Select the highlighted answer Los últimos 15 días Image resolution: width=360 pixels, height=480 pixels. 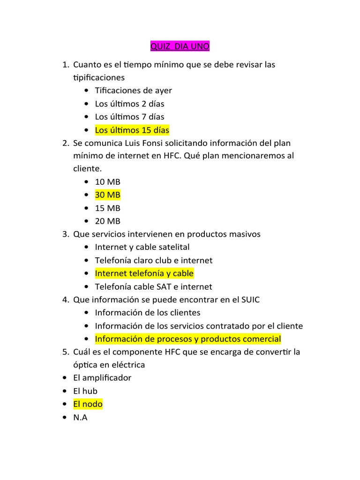[x=132, y=130]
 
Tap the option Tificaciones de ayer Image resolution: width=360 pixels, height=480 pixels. [x=133, y=90]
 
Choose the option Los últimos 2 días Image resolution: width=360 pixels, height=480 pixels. [x=129, y=104]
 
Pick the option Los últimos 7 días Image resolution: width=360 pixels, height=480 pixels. [x=129, y=117]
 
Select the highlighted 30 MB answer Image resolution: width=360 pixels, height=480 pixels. [x=107, y=195]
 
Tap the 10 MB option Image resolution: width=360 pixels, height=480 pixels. [x=107, y=181]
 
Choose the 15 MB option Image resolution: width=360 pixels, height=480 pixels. [x=107, y=208]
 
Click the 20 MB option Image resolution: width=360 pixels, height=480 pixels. [x=107, y=221]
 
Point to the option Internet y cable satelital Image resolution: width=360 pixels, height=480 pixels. [x=142, y=247]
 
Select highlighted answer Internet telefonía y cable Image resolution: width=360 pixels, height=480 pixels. [x=144, y=273]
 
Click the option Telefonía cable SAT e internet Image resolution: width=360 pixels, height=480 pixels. [x=153, y=286]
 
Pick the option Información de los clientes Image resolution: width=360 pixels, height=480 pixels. [x=147, y=313]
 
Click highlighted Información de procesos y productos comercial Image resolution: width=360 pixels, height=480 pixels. [x=187, y=339]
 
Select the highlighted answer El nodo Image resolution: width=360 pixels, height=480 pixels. [x=88, y=404]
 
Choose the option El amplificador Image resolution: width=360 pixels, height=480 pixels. [x=102, y=377]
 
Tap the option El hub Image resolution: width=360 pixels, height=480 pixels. [x=85, y=390]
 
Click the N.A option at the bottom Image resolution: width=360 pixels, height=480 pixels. [x=80, y=417]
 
